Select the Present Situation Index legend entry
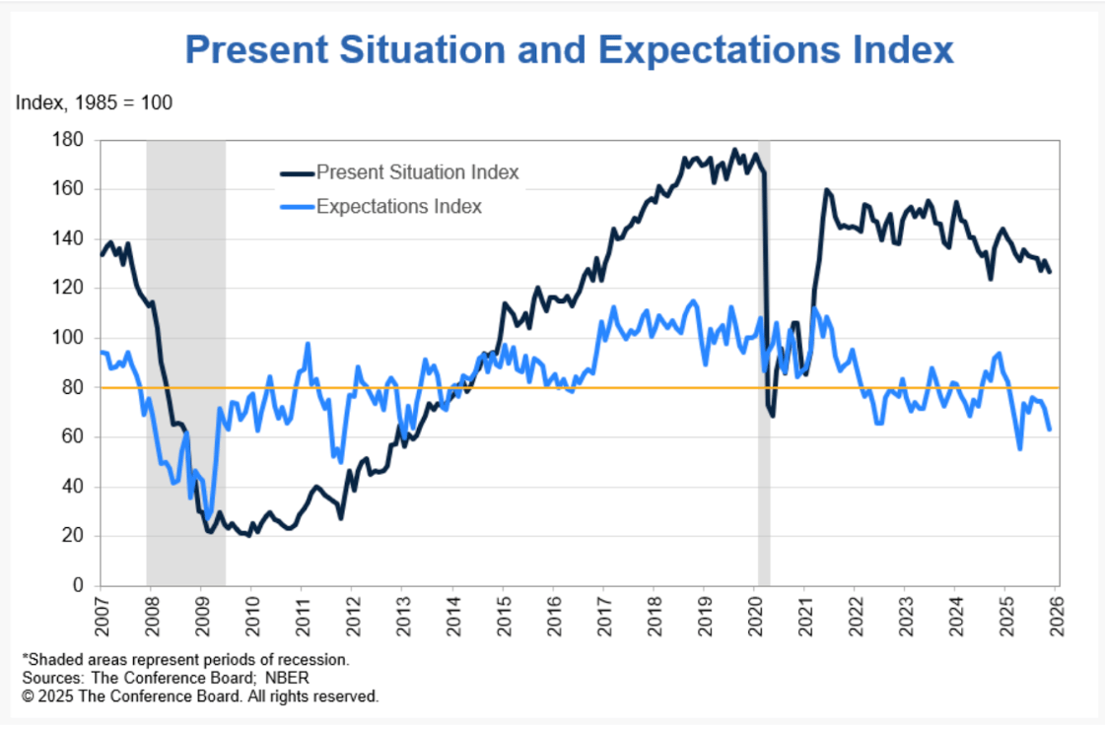[x=417, y=173]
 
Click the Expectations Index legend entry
[x=398, y=206]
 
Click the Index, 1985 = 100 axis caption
[x=94, y=102]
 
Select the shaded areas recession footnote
[x=185, y=659]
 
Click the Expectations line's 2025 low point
[x=1019, y=448]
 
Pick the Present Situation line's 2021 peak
[x=825, y=190]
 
